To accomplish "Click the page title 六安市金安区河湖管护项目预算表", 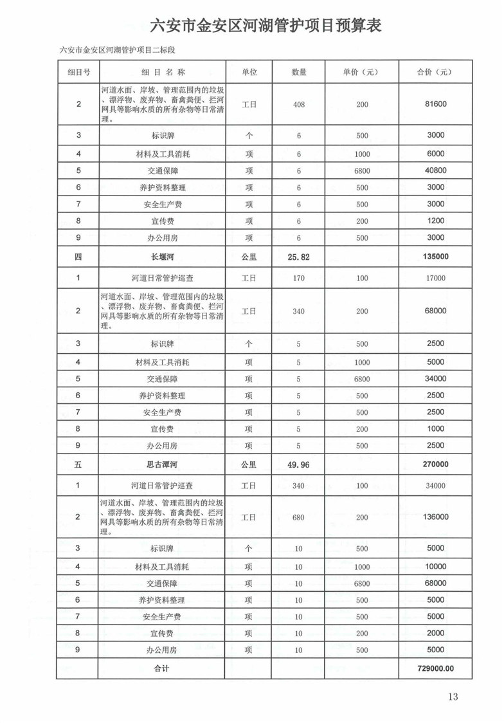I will coord(265,26).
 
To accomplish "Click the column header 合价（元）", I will coord(435,72).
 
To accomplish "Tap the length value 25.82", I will coord(298,257).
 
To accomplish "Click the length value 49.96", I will coord(298,464).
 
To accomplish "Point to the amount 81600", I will coord(435,104).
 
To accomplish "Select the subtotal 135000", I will coord(435,257).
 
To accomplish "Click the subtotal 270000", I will coord(435,464).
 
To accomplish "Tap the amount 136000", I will coord(435,517).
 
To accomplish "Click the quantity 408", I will coord(298,104).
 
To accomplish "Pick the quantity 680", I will coord(298,517).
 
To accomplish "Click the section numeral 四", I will coord(78,257).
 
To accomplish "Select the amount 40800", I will coord(435,170).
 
